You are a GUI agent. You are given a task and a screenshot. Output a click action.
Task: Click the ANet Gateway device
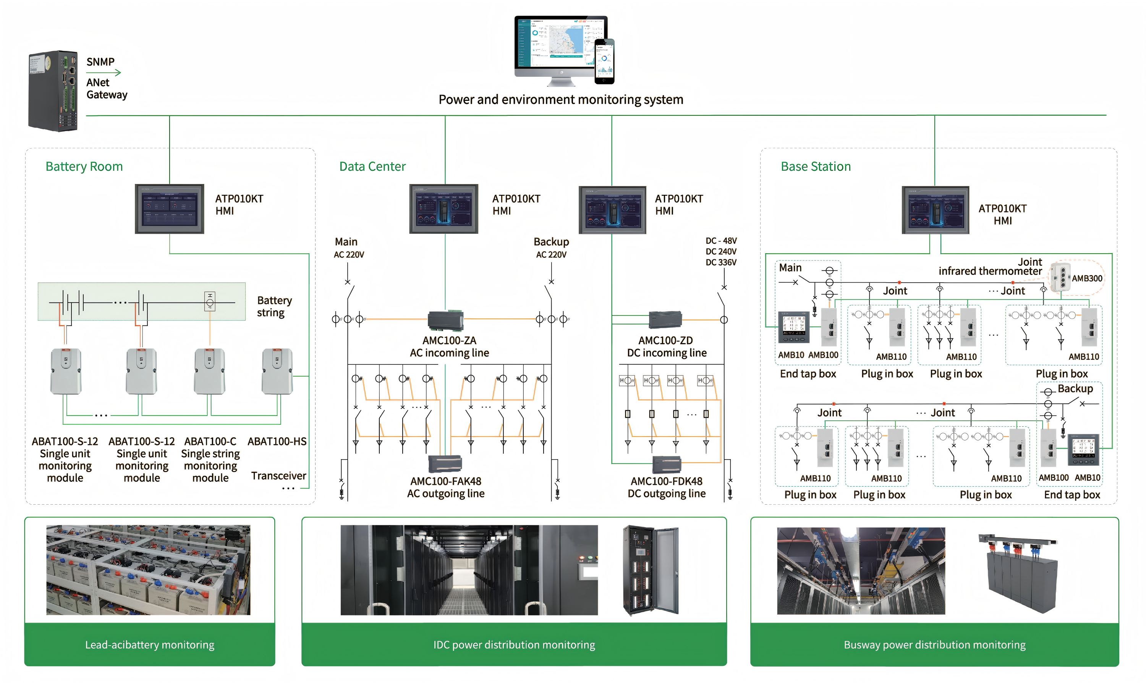[53, 91]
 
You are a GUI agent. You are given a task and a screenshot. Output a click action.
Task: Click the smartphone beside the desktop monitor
[604, 62]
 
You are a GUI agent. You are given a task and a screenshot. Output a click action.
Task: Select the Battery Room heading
[84, 166]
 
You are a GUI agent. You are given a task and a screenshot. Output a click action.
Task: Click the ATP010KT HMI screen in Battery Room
[169, 209]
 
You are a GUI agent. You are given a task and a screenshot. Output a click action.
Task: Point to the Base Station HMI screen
[935, 210]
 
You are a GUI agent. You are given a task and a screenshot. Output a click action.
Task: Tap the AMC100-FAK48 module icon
[445, 464]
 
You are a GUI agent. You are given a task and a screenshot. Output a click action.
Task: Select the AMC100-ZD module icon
[665, 319]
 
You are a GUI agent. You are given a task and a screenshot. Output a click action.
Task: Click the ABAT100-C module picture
[210, 371]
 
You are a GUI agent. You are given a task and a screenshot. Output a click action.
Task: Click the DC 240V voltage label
[721, 251]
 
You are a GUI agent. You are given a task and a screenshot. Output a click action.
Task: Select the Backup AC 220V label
[551, 248]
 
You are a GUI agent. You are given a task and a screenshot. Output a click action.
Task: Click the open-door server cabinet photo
[650, 570]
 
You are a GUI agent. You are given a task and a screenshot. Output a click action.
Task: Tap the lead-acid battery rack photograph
[148, 570]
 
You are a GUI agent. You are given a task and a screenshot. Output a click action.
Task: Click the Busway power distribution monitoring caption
[934, 644]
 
